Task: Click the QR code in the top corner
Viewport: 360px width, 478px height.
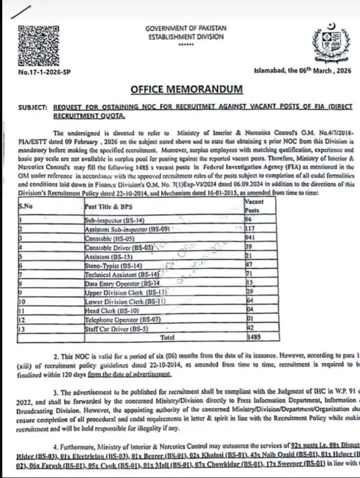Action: click(38, 45)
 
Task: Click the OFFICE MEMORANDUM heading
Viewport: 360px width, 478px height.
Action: click(186, 90)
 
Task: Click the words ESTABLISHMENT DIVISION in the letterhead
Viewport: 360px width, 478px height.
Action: click(186, 37)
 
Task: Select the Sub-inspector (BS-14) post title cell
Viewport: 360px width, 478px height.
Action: click(107, 219)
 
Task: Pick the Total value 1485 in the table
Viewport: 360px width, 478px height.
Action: click(253, 338)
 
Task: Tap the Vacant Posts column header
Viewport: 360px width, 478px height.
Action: click(254, 206)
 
